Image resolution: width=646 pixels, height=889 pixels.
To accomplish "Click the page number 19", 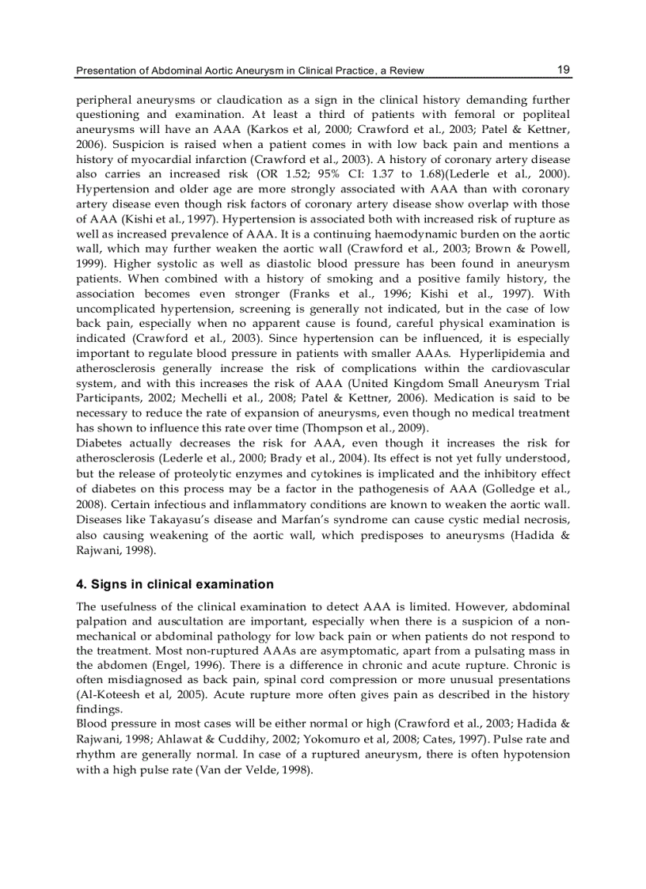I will click(563, 70).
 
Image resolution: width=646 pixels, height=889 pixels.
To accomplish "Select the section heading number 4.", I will click(80, 584).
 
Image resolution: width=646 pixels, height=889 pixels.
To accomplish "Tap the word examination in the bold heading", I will click(234, 584).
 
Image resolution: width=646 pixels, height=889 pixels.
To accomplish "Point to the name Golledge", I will click(506, 487).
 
